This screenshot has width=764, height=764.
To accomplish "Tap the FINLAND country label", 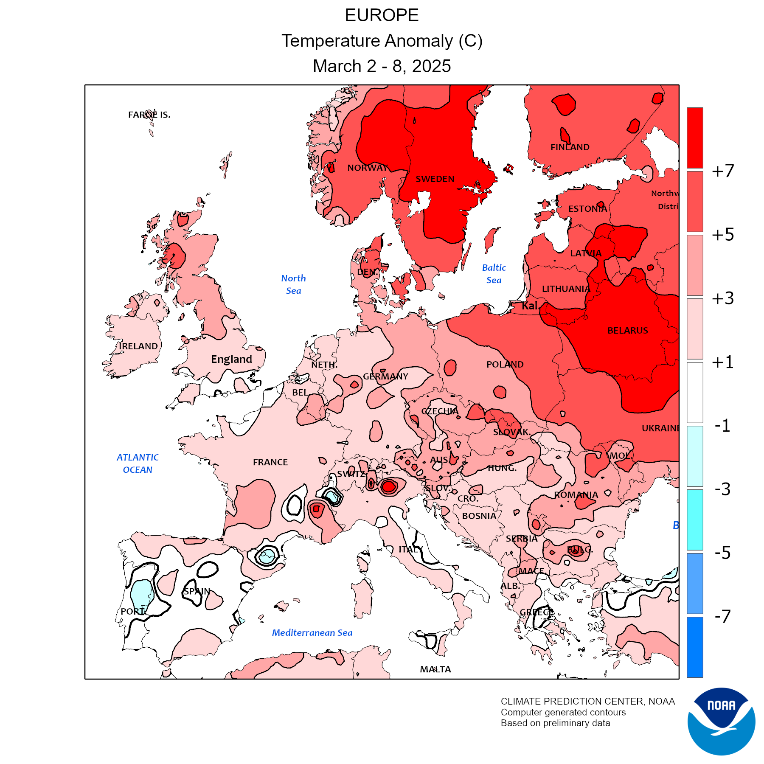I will point(570,147).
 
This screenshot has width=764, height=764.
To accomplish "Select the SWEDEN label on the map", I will point(435,179).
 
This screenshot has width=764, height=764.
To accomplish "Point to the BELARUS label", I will point(627,331).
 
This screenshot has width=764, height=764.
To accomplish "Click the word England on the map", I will point(231,360).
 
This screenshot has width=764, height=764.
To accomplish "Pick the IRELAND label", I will point(138,346).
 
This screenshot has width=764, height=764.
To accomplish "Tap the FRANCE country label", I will point(270,462).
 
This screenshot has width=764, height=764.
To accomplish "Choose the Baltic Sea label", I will point(494,274).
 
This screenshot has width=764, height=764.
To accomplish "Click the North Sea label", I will point(293,284).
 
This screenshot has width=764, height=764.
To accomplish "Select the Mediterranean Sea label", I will point(312,633).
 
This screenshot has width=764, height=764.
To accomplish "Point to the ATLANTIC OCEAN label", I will point(138,463).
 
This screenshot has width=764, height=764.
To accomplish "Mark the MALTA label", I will point(435,669).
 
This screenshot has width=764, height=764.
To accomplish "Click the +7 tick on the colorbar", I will point(722,171).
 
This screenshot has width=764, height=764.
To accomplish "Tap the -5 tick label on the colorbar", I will point(722,553).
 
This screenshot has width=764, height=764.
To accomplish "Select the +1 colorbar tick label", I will point(722,362).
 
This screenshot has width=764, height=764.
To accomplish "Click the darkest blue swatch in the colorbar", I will point(695,647).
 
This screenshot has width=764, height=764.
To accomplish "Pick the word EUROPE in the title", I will point(382,16).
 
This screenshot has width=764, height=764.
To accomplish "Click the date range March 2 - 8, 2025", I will point(382,66).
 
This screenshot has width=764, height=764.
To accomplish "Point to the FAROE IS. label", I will point(149,115).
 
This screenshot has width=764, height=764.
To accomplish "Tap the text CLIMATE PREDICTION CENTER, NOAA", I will point(587,702).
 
